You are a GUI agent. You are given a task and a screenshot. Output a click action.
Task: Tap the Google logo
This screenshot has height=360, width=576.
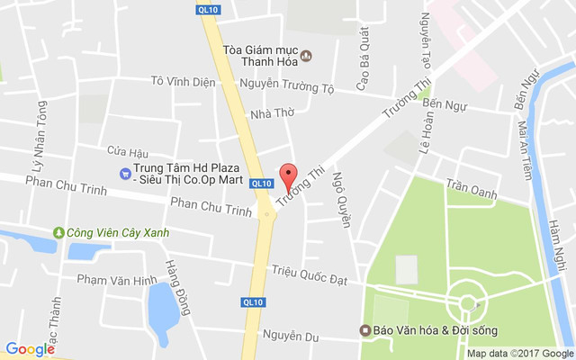click(30, 349)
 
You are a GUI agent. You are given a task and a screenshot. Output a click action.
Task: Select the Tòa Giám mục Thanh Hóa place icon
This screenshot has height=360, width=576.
click(305, 56)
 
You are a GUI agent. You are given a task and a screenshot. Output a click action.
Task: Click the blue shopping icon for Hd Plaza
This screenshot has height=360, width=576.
click(124, 173)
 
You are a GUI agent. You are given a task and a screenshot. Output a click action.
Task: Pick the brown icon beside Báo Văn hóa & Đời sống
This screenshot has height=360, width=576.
click(365, 330)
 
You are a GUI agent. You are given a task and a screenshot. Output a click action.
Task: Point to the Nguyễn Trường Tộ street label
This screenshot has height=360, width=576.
click(287, 87)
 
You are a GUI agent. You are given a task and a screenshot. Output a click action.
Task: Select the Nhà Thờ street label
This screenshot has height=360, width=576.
click(273, 113)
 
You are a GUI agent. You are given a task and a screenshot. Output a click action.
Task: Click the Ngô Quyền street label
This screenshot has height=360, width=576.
click(340, 200)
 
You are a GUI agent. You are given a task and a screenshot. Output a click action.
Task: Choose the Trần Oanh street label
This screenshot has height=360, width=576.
click(471, 192)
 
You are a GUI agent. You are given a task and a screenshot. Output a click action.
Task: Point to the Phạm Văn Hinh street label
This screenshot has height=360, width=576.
click(116, 280)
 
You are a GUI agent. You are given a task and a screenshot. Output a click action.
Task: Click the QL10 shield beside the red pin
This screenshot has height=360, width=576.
click(262, 184)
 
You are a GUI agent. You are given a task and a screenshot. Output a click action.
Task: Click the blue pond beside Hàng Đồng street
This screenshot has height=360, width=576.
click(161, 306)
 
